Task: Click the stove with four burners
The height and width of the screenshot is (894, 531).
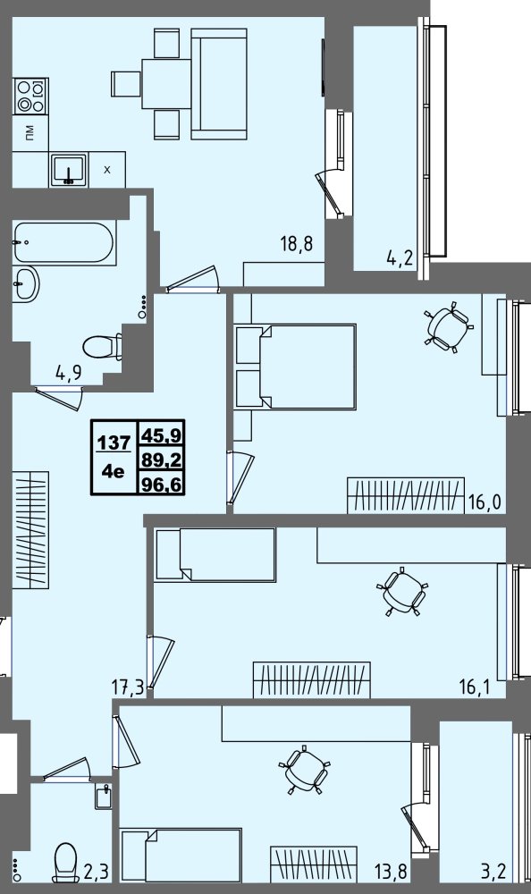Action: [x=30, y=96]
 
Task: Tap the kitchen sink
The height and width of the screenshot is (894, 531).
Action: [x=69, y=169]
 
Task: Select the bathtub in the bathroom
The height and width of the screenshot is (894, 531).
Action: [x=63, y=243]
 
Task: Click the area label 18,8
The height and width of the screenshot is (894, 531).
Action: [x=297, y=245]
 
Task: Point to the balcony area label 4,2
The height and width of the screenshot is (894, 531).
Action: [x=400, y=260]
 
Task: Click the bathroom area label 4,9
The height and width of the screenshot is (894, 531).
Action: [x=69, y=373]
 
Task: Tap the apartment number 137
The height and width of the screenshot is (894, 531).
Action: [x=114, y=441]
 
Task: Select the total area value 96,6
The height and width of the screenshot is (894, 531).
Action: [x=161, y=485]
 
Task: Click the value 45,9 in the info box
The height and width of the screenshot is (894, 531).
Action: [x=161, y=435]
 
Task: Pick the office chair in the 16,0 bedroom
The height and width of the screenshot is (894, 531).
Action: [x=449, y=326]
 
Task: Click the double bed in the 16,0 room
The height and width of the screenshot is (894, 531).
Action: [x=295, y=367]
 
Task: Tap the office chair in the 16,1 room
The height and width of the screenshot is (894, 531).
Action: [x=403, y=592]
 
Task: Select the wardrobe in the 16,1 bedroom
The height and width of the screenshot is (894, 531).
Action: [x=311, y=679]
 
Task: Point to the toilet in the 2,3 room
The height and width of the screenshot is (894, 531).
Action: [x=64, y=862]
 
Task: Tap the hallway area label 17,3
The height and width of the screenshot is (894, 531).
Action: [x=128, y=688]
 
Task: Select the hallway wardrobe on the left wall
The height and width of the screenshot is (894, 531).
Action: [x=30, y=529]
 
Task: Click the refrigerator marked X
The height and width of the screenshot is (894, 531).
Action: [x=106, y=169]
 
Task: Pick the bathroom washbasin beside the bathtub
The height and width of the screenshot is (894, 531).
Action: [x=26, y=283]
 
